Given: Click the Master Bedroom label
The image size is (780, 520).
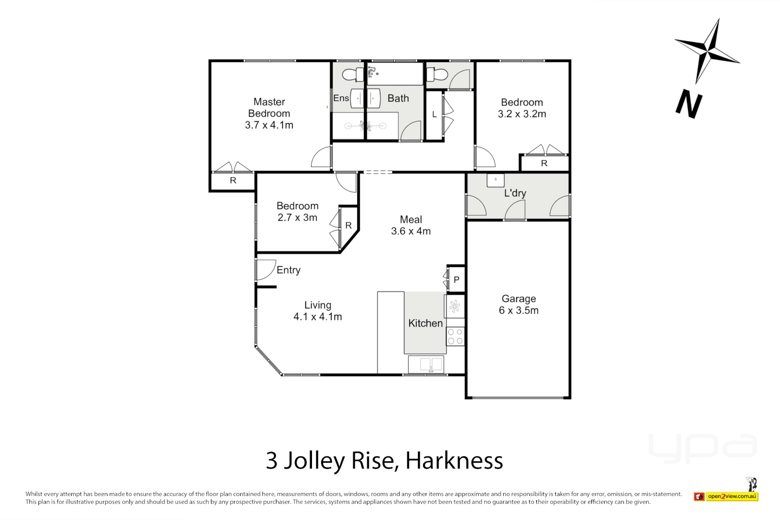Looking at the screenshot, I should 269,108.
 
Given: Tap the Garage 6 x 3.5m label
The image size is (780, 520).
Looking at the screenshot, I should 519,305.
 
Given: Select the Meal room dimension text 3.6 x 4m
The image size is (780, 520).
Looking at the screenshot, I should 411,231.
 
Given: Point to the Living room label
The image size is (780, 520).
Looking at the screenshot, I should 318,305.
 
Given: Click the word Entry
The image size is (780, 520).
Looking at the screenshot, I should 288,270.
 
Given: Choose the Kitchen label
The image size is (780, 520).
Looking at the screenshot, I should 425,324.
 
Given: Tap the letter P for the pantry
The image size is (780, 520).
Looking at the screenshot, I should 456,280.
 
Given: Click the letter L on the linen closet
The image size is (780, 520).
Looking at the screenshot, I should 434,115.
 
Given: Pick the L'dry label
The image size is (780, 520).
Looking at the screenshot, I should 515,193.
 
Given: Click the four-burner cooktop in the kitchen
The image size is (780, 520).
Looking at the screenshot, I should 455,337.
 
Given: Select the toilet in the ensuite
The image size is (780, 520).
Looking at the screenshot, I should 352,75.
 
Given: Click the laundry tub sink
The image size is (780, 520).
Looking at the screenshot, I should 495,180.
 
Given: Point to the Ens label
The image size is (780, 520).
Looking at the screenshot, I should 341,98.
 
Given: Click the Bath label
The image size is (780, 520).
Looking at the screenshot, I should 398,98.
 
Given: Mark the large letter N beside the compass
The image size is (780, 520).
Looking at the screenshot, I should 689,104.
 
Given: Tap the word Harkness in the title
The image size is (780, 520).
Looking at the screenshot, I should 454,461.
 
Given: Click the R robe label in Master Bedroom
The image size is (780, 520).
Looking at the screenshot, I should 233,181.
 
